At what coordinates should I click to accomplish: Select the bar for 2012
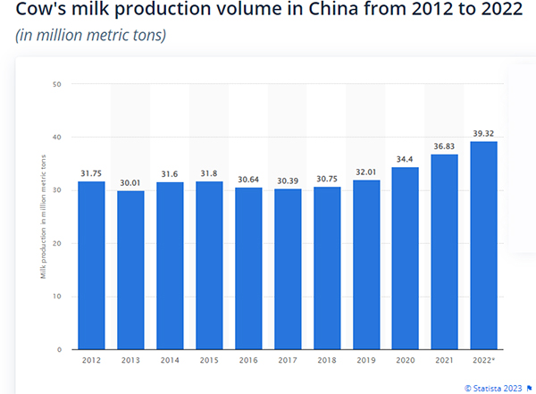(x=91, y=265)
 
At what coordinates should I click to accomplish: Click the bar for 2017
(x=288, y=269)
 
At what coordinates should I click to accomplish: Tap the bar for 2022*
(x=484, y=245)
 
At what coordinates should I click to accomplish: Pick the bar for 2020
(x=406, y=258)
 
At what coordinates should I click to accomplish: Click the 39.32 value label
(x=484, y=133)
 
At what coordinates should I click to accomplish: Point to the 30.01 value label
(x=130, y=182)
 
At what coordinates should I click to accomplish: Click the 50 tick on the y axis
(x=56, y=85)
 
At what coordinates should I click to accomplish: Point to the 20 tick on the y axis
(x=56, y=244)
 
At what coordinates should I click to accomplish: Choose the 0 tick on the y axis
(x=59, y=349)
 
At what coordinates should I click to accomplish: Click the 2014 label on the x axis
(x=170, y=362)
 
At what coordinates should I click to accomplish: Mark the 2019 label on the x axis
(x=366, y=362)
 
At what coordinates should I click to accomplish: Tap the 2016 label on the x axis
(x=248, y=362)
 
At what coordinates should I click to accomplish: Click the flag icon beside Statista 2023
(x=529, y=388)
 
